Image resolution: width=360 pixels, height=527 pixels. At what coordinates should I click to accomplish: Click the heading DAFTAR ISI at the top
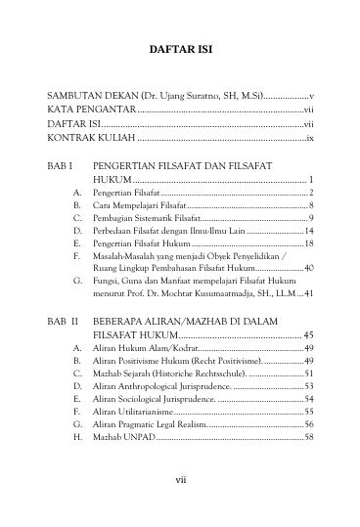[x=180, y=48]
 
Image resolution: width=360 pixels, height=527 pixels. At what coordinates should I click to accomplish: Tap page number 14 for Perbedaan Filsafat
[x=307, y=240]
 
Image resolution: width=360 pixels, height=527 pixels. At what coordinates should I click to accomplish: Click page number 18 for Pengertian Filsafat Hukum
[x=307, y=253]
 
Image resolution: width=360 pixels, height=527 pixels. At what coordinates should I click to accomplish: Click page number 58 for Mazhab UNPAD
[x=307, y=444]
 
